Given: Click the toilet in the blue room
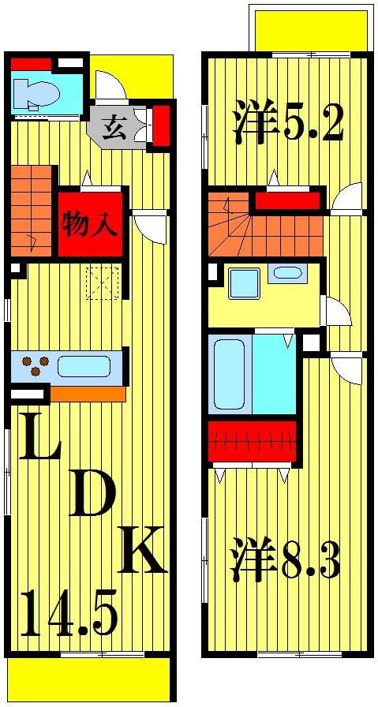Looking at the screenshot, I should tap(38, 94).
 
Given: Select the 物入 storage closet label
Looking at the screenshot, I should tap(91, 224).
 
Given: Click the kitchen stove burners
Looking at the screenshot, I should tap(34, 367).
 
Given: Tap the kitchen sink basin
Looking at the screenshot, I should tap(83, 367).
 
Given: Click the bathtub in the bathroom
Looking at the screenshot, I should tap(229, 373).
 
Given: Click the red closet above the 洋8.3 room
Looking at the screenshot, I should tap(252, 442).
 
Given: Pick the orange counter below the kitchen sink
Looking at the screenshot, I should tap(87, 393).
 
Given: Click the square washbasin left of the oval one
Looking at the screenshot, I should tap(244, 282).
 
